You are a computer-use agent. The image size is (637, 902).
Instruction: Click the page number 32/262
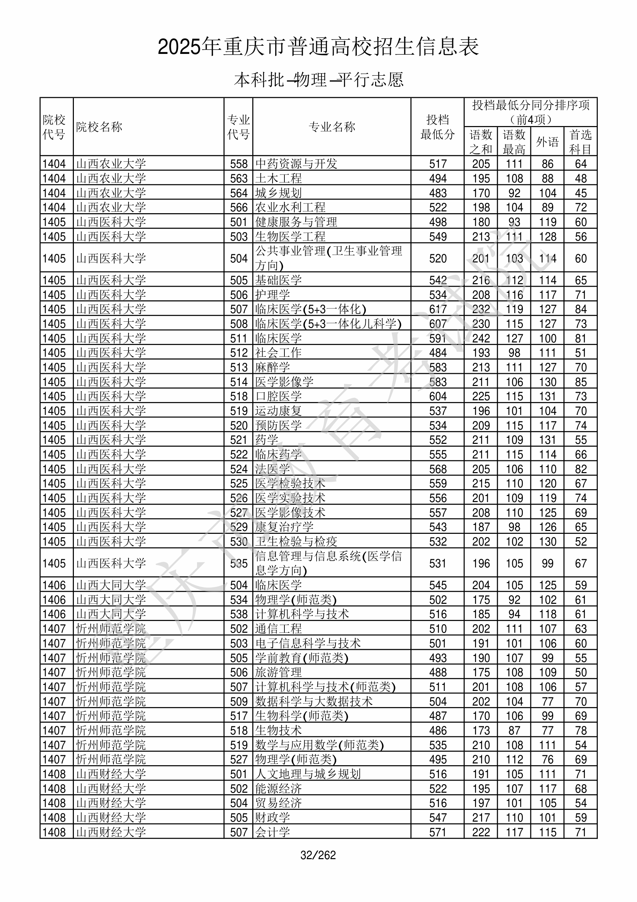318,855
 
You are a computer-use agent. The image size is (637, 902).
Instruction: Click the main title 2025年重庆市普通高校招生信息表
318,47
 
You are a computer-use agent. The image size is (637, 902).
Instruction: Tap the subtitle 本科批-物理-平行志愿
318,80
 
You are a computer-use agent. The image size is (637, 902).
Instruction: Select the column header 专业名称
332,127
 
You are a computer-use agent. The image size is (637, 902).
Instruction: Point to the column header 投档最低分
437,127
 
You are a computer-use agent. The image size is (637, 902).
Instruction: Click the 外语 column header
547,142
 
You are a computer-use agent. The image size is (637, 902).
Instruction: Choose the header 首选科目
581,142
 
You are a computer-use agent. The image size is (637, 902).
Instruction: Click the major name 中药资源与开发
296,164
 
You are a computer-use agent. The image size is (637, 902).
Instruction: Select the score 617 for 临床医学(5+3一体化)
438,310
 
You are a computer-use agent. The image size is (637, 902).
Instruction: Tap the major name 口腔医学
278,396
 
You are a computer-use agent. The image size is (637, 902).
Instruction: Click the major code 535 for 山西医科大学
239,564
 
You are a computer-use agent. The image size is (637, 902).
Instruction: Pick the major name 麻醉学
273,367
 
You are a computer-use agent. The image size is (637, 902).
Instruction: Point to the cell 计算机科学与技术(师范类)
325,687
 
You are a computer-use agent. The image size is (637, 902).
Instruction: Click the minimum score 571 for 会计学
438,832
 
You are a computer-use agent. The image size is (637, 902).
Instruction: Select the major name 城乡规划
278,193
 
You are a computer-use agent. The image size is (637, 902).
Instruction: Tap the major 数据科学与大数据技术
314,702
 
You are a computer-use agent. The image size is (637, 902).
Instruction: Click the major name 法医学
273,469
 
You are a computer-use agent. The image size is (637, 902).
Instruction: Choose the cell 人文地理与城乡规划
308,774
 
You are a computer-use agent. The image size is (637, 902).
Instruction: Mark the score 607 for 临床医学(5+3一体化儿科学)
438,324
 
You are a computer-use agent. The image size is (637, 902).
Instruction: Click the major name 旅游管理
278,672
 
